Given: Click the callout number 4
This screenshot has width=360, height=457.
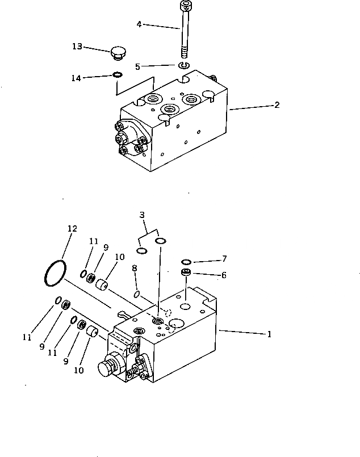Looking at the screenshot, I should click(139, 24).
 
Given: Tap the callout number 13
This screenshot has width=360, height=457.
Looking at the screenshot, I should click(78, 46).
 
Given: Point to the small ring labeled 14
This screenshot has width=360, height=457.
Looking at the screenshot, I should click(116, 75).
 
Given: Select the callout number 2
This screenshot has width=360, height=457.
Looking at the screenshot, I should click(277, 104).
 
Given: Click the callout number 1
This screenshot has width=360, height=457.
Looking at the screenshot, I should click(269, 334).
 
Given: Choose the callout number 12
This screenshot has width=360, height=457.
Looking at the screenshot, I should click(72, 229).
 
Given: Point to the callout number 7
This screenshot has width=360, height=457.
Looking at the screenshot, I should click(224, 258).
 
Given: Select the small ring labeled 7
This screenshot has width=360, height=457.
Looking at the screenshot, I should click(186, 262).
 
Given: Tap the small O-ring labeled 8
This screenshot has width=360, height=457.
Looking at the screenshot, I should click(137, 294).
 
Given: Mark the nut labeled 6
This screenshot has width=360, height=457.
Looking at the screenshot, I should click(186, 274).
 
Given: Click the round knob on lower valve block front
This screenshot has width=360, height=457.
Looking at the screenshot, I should click(106, 368).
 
